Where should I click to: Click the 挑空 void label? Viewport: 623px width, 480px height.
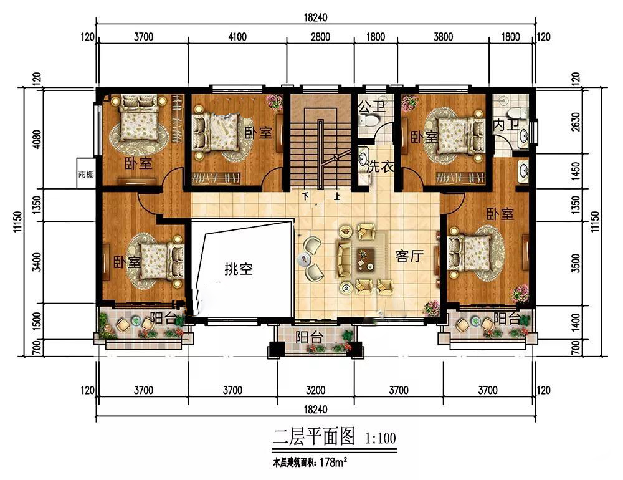click(x=239, y=269)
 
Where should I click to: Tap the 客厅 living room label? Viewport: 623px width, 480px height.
click(x=409, y=256)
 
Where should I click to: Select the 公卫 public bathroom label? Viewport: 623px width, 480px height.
click(x=372, y=107)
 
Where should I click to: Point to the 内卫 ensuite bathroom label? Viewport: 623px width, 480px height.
click(x=506, y=125)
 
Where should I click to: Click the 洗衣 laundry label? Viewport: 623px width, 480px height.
click(x=381, y=166)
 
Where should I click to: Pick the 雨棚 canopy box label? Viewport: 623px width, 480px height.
click(x=86, y=174)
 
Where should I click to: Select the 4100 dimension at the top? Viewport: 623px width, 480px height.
click(x=237, y=37)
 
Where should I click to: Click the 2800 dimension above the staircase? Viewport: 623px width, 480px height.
click(x=320, y=37)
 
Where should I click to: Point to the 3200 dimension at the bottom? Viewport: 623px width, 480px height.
click(x=315, y=390)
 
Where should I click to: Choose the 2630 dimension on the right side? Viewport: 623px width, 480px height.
click(x=575, y=122)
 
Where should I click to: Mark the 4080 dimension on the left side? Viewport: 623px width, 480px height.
click(x=37, y=139)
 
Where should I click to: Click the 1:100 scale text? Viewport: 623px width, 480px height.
click(x=380, y=439)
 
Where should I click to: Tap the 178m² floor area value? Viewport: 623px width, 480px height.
click(x=333, y=463)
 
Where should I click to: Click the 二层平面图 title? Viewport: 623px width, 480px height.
click(x=313, y=437)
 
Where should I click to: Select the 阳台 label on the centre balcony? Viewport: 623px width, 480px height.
click(x=309, y=337)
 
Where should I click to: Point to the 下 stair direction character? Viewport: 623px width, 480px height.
click(x=305, y=196)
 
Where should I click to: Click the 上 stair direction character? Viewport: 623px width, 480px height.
click(x=337, y=196)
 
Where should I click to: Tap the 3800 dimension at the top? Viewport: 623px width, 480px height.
click(x=443, y=37)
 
